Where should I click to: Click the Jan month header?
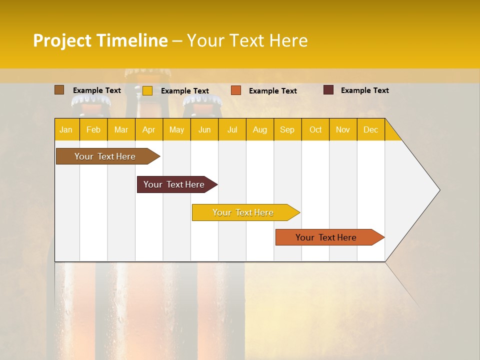coord(66,129)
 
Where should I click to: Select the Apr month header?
coord(149,129)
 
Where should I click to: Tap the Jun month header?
coord(204,129)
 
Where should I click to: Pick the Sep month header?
coord(287,129)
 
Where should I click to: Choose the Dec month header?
coord(370,129)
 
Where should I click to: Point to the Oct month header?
coord(315,129)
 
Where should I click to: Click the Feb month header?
coord(93,129)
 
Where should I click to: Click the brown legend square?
coord(59,90)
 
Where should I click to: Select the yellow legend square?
coord(147,90)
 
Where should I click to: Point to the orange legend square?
coord(236,90)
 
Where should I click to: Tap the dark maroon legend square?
coord(328,90)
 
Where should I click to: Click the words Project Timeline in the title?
coord(100,40)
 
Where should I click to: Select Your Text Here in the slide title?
coord(247,40)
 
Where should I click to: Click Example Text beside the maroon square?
coord(364,90)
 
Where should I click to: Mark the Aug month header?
coord(260,129)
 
